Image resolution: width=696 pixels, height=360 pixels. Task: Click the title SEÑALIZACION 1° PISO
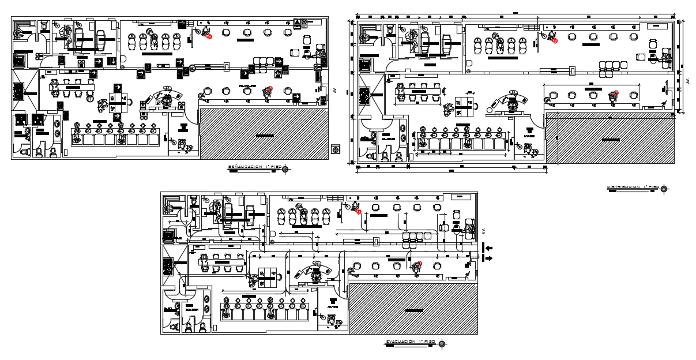pyautogui.click(x=254, y=167)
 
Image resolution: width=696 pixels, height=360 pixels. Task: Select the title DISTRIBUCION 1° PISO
pyautogui.click(x=632, y=187)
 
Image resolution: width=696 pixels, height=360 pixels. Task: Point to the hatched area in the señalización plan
pyautogui.click(x=264, y=134)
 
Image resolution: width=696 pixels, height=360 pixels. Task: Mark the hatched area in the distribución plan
pyautogui.click(x=610, y=138)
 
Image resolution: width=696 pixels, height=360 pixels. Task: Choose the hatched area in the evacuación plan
pyautogui.click(x=413, y=309)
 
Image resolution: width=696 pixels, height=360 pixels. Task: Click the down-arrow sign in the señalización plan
pyautogui.click(x=114, y=61)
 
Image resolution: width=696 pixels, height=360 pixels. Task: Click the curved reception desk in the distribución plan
pyautogui.click(x=510, y=100)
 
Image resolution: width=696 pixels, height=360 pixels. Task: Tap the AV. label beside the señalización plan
pyautogui.click(x=334, y=91)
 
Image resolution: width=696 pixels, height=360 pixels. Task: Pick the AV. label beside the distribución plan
pyautogui.click(x=686, y=81)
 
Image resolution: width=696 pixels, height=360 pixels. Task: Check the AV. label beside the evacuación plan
pyautogui.click(x=484, y=231)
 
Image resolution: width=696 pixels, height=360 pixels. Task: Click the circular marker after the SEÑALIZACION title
pyautogui.click(x=285, y=168)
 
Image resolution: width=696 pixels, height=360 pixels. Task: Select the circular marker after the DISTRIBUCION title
pyautogui.click(x=664, y=189)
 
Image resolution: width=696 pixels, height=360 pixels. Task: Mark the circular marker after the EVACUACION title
pyautogui.click(x=442, y=344)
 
